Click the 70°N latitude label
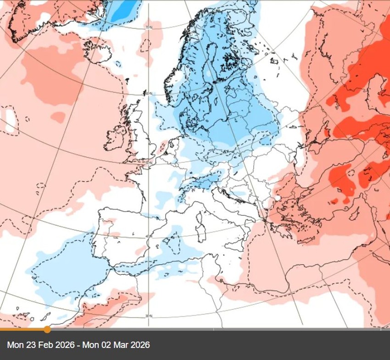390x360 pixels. [148, 28]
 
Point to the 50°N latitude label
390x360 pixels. [149, 163]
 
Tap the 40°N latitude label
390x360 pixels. [147, 237]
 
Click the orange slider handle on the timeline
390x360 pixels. [47, 329]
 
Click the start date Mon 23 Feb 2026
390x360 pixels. [36, 345]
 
